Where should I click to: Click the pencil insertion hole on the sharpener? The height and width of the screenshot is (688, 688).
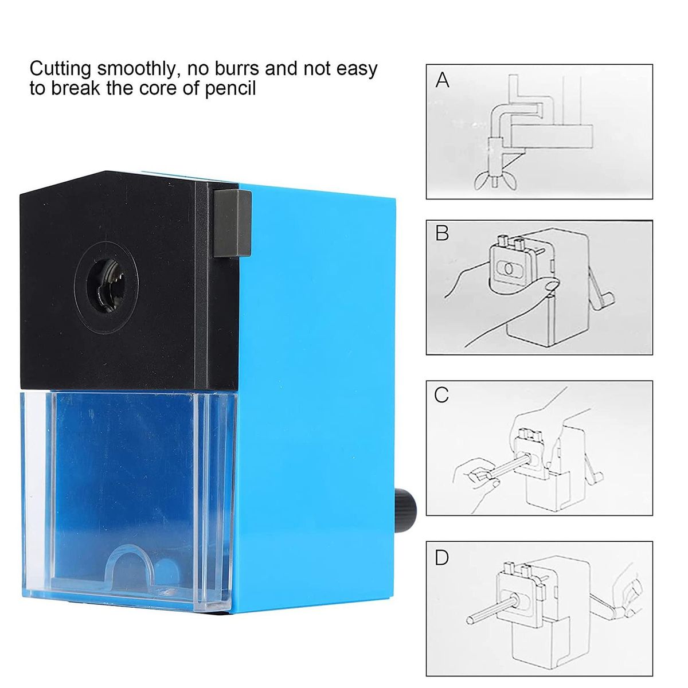click(x=107, y=286)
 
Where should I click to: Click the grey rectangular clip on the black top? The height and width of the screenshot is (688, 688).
click(x=232, y=224)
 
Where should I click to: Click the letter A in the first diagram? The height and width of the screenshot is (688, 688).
click(x=443, y=80)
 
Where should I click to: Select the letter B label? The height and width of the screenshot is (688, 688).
click(x=442, y=233)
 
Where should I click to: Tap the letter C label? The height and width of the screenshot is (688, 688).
click(x=441, y=394)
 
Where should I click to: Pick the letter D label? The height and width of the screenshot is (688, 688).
click(x=442, y=558)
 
